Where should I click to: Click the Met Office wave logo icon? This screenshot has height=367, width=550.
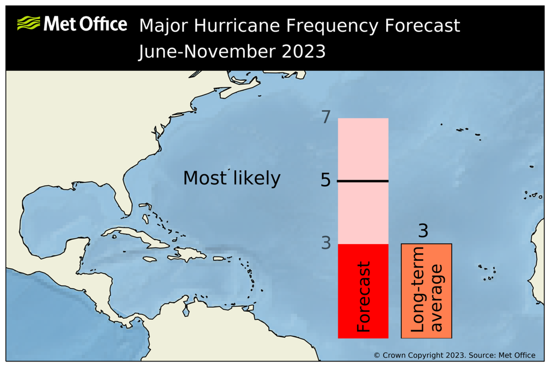point(28,24)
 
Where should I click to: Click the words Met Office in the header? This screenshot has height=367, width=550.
point(85,24)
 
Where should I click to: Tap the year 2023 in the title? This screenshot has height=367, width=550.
point(302,52)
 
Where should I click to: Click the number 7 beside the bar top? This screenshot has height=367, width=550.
point(326,117)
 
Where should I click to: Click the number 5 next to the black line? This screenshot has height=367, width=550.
point(325,180)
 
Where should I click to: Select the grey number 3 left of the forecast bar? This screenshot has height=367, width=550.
point(326,243)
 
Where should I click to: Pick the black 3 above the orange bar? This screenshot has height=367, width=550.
point(423,231)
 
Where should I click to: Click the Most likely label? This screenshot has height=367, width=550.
point(231,178)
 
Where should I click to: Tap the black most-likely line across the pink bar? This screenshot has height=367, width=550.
point(363,181)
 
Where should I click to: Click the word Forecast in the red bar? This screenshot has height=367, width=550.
point(364,296)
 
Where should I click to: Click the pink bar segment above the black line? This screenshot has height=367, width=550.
point(363,149)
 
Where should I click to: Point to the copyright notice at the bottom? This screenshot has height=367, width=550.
point(454,355)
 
